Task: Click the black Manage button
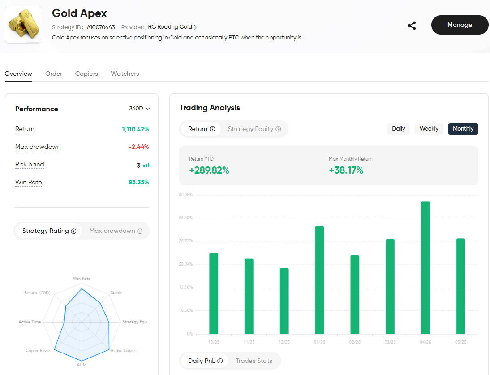coord(460,25)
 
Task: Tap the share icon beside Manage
coord(412,26)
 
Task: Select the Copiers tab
coord(86,74)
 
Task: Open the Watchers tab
coord(125,74)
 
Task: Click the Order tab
coord(53,74)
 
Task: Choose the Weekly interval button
coord(429,129)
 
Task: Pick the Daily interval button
coord(398,129)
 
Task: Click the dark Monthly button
coord(463,129)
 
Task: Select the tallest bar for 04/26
coord(426,268)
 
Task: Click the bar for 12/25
coord(284,301)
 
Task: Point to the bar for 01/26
coord(319,280)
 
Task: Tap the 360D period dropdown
coord(139,109)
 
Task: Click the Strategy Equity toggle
coord(254,129)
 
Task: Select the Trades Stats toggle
coord(254,361)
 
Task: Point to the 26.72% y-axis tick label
coord(185,241)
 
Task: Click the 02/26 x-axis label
coord(355,342)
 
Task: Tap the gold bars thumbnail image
coord(23,24)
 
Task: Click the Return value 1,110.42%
coord(135,129)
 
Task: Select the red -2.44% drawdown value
coord(139,147)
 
